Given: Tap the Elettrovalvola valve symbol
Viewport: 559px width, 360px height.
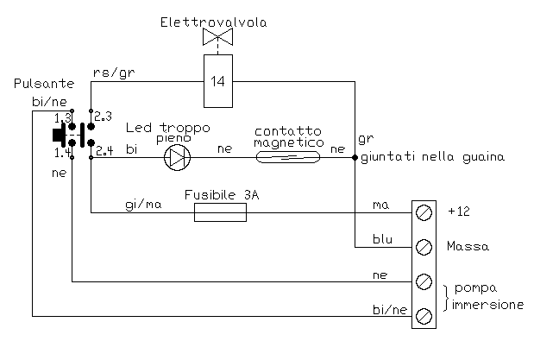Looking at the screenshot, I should point(217,37).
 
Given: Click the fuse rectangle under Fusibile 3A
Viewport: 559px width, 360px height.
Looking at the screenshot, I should point(220,212).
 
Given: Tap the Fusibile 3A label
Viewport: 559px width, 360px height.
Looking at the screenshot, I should point(222,195).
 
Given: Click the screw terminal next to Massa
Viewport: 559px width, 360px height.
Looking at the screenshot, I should point(424,247).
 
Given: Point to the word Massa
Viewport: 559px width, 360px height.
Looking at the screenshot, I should point(468,247).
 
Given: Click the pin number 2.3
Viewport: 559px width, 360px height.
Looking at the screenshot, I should point(103,115).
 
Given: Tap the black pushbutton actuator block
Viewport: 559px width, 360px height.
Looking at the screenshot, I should point(60,135).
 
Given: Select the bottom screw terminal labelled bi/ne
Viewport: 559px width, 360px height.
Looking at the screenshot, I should point(424,316).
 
